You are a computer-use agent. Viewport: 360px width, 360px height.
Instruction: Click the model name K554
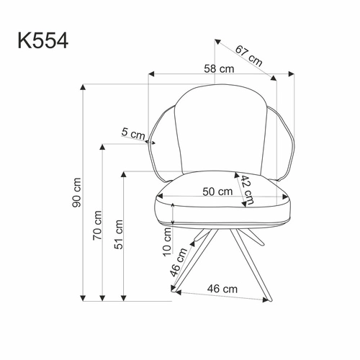(x=43, y=41)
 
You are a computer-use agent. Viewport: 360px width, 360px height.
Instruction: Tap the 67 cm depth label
(x=248, y=55)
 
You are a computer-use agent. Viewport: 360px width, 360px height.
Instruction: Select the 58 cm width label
(x=219, y=69)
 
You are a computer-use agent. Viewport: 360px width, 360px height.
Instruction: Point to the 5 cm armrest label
(x=133, y=133)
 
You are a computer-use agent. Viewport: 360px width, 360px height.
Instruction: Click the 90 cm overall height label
(x=77, y=192)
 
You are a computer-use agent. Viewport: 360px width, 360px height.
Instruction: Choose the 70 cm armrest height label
(x=97, y=225)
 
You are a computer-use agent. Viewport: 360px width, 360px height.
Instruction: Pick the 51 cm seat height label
(x=119, y=234)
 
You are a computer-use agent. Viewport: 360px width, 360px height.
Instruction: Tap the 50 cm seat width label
(x=217, y=192)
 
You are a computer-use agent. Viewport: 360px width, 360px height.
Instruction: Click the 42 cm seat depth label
(x=247, y=189)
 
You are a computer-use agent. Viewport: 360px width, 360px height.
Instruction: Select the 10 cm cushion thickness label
(x=167, y=242)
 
